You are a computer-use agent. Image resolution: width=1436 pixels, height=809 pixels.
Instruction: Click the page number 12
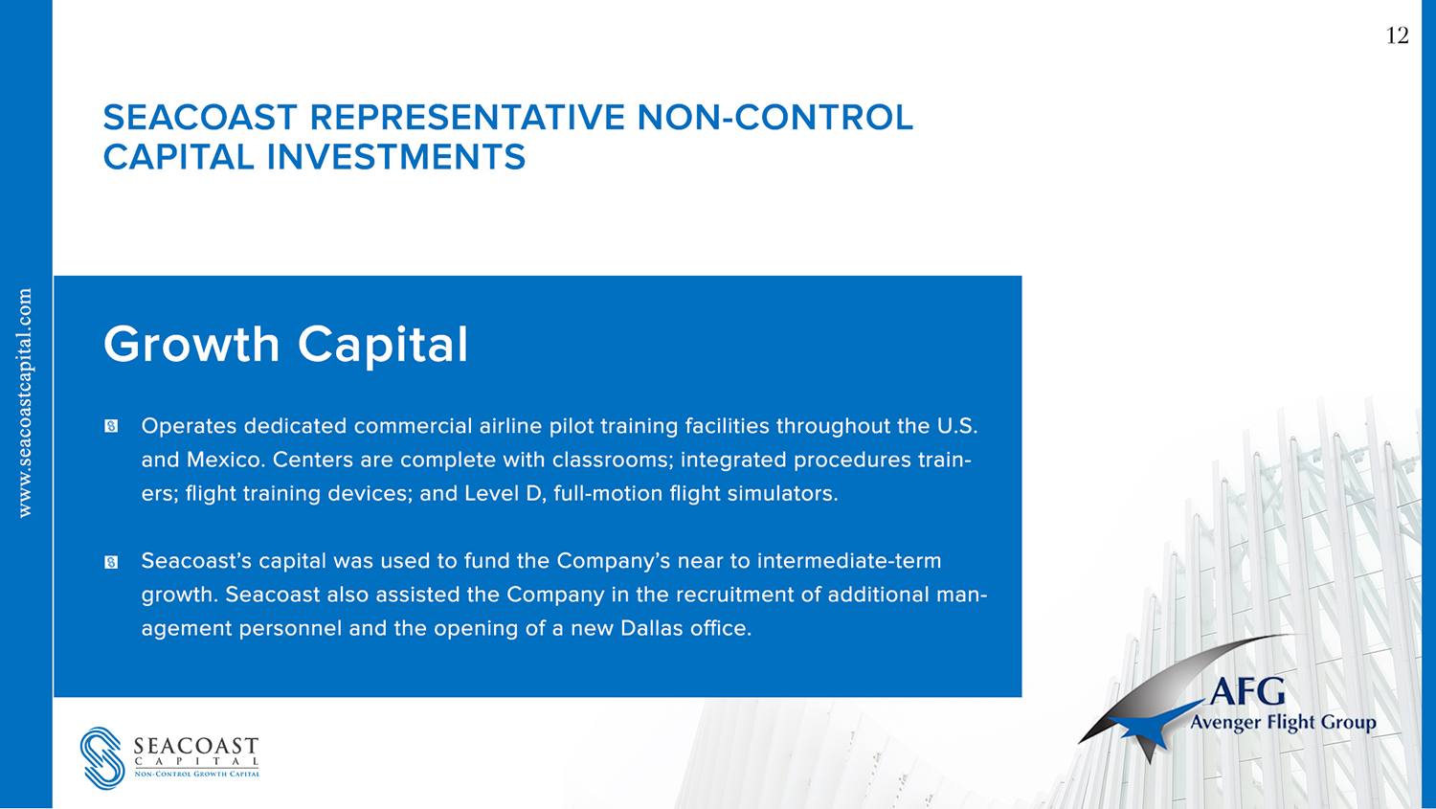point(1397,35)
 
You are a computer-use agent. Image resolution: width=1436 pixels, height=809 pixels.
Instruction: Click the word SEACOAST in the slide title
point(200,118)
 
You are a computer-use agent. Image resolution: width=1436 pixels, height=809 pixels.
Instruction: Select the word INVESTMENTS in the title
point(396,157)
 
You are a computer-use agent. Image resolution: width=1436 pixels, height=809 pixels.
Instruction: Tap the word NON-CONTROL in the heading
point(775,118)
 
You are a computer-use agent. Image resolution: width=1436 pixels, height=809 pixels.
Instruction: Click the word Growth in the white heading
point(191,345)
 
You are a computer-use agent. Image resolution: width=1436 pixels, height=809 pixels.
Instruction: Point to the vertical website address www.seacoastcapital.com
point(24,402)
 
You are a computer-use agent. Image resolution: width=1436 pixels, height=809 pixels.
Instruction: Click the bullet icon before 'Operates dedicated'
point(111,426)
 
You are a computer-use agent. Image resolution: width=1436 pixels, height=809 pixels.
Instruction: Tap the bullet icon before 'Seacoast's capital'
point(111,562)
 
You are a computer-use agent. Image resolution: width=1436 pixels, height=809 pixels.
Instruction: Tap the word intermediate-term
point(849,561)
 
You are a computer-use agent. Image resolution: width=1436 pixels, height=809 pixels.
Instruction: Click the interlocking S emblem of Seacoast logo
point(101,757)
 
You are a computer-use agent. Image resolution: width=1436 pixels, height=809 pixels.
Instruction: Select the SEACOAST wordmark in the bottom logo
point(196,746)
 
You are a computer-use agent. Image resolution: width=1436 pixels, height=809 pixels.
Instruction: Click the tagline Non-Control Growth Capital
point(197,774)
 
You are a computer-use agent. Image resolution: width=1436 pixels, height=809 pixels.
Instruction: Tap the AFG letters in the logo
point(1247,691)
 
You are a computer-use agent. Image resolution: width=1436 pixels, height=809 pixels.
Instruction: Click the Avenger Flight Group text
point(1283,723)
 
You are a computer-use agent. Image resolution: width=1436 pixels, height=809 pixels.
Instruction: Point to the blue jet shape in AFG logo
point(1151,730)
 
